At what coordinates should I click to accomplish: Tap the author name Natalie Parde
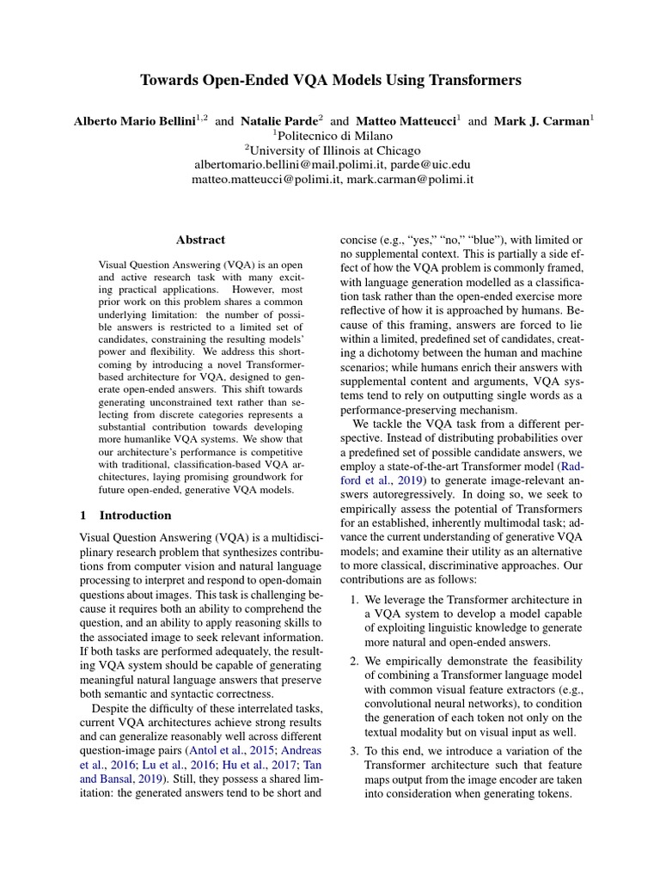click(x=276, y=121)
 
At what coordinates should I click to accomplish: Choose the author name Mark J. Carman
click(x=540, y=121)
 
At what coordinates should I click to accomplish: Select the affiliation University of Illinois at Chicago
click(x=334, y=150)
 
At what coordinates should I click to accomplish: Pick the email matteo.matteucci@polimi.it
click(x=266, y=180)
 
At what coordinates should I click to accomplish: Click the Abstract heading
click(x=200, y=241)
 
